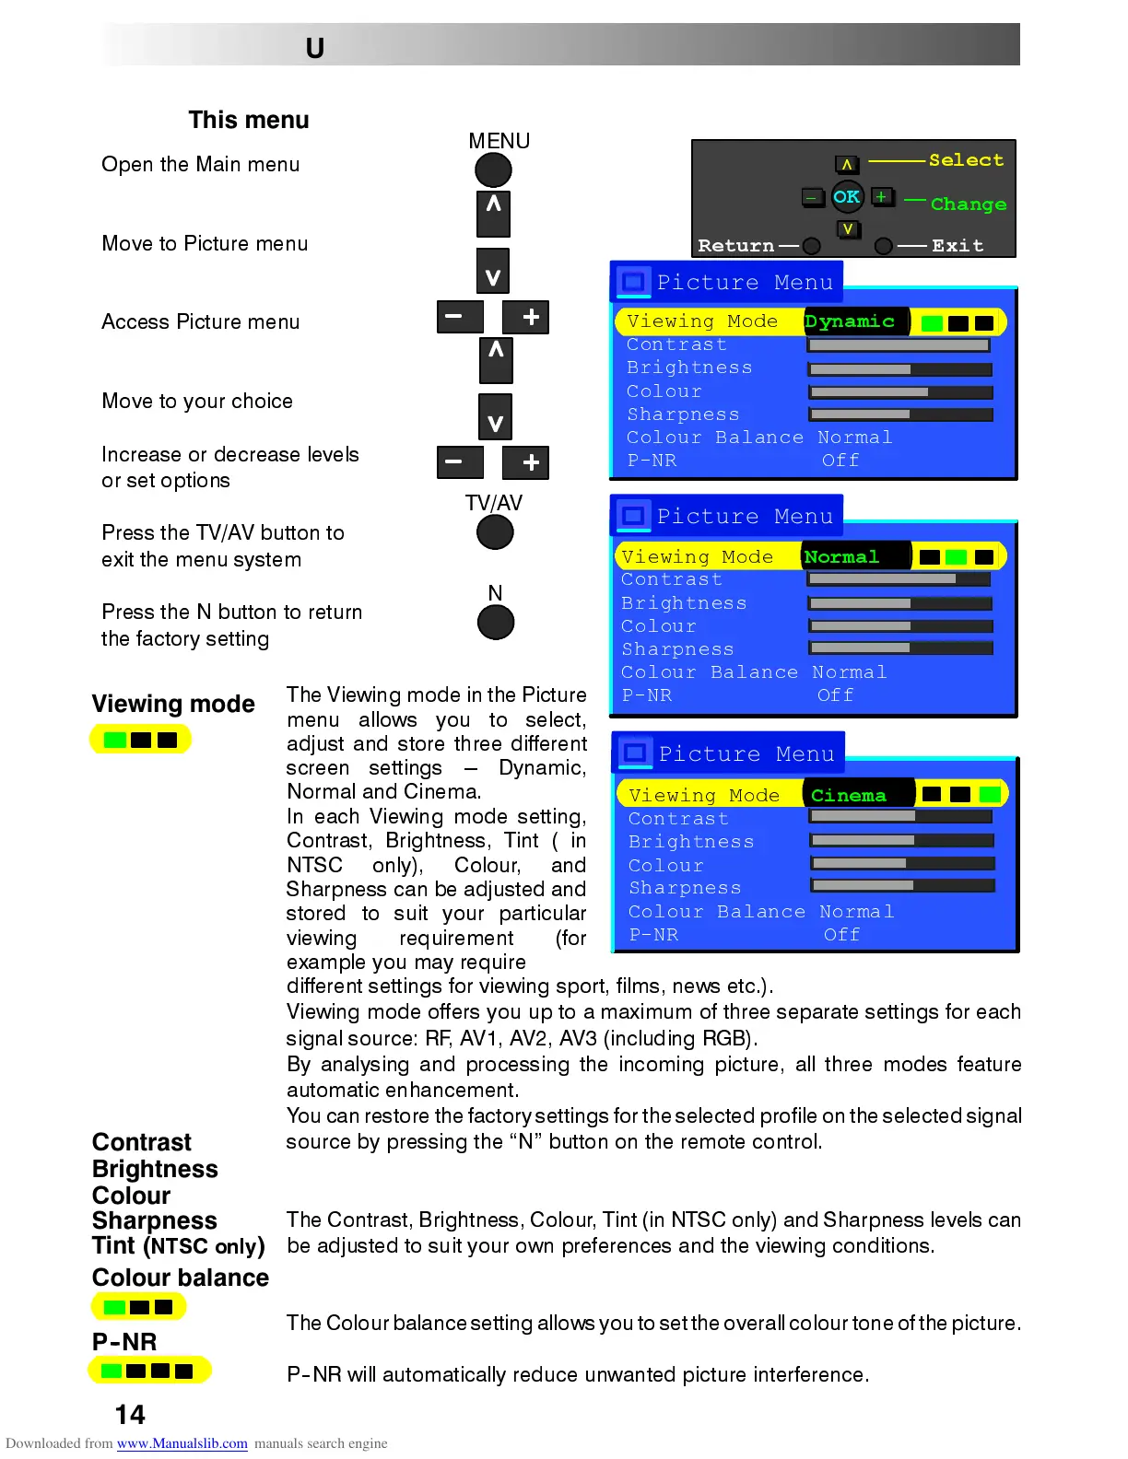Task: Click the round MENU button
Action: (x=493, y=170)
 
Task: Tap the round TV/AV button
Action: (x=495, y=532)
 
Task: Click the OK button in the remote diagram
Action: (x=846, y=196)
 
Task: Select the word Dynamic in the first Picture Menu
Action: (x=850, y=321)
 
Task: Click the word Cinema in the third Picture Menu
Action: (x=848, y=795)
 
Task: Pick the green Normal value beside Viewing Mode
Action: (x=841, y=556)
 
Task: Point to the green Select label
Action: (x=966, y=160)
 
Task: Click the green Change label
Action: (x=968, y=204)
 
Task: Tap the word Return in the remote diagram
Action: (x=735, y=246)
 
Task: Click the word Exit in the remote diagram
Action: (x=958, y=246)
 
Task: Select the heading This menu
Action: (x=249, y=121)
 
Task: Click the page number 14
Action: (x=130, y=1415)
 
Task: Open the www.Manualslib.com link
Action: (x=182, y=1443)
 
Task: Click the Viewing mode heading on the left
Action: (x=173, y=704)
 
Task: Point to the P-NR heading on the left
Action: (x=124, y=1342)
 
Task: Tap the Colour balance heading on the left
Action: (x=181, y=1278)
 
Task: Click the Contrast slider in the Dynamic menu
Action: (x=899, y=345)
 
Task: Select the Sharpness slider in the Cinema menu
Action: (x=903, y=885)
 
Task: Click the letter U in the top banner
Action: (x=315, y=48)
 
